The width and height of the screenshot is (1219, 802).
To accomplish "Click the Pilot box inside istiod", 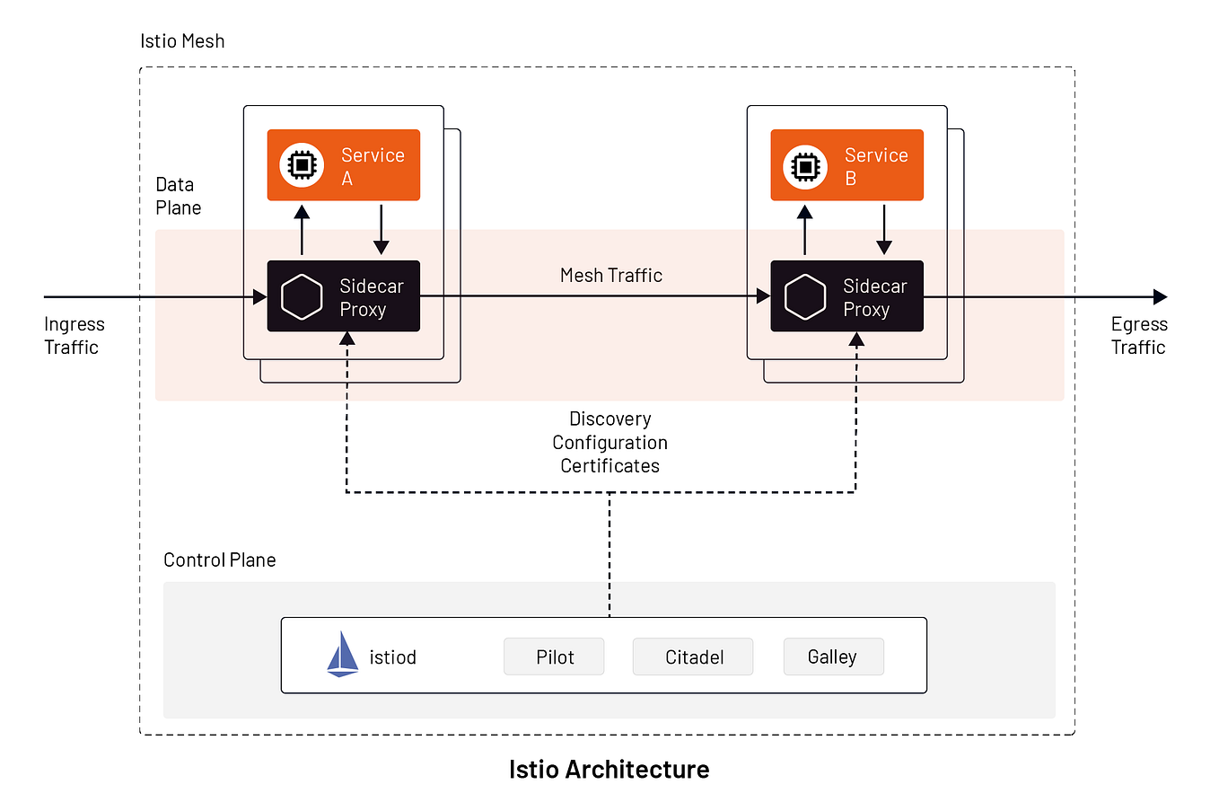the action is point(554,657).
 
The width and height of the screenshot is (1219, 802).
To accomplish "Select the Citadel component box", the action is point(693,657).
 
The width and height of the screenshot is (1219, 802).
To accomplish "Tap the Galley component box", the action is point(833,657).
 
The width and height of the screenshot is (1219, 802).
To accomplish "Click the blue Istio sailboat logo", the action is point(342,655).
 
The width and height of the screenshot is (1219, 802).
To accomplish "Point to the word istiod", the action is point(393,657).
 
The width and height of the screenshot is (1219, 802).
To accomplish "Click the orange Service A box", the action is point(344,165).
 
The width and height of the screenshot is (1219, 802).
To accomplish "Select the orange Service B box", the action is point(846,165).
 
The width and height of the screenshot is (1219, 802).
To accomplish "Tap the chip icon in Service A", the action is point(302,165).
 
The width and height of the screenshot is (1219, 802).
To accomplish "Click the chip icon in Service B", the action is point(805,166).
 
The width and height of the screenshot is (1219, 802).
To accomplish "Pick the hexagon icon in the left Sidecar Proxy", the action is point(302,296).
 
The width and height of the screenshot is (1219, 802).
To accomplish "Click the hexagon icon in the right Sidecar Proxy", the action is point(805,296).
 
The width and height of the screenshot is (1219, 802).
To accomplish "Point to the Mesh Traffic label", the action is point(611,276).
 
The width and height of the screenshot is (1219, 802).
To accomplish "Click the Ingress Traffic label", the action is point(74,335).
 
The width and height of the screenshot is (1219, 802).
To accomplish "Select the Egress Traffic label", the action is point(1139,335).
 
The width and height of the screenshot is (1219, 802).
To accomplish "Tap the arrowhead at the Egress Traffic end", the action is point(1161,296).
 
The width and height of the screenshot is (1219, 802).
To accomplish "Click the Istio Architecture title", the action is point(609,770).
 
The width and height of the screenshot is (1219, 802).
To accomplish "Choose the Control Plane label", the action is point(219,560).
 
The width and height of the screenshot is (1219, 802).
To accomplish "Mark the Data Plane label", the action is point(178,196).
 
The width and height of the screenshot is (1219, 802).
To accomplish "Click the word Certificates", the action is point(610,466).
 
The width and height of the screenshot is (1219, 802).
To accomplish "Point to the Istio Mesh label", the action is point(182,40).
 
